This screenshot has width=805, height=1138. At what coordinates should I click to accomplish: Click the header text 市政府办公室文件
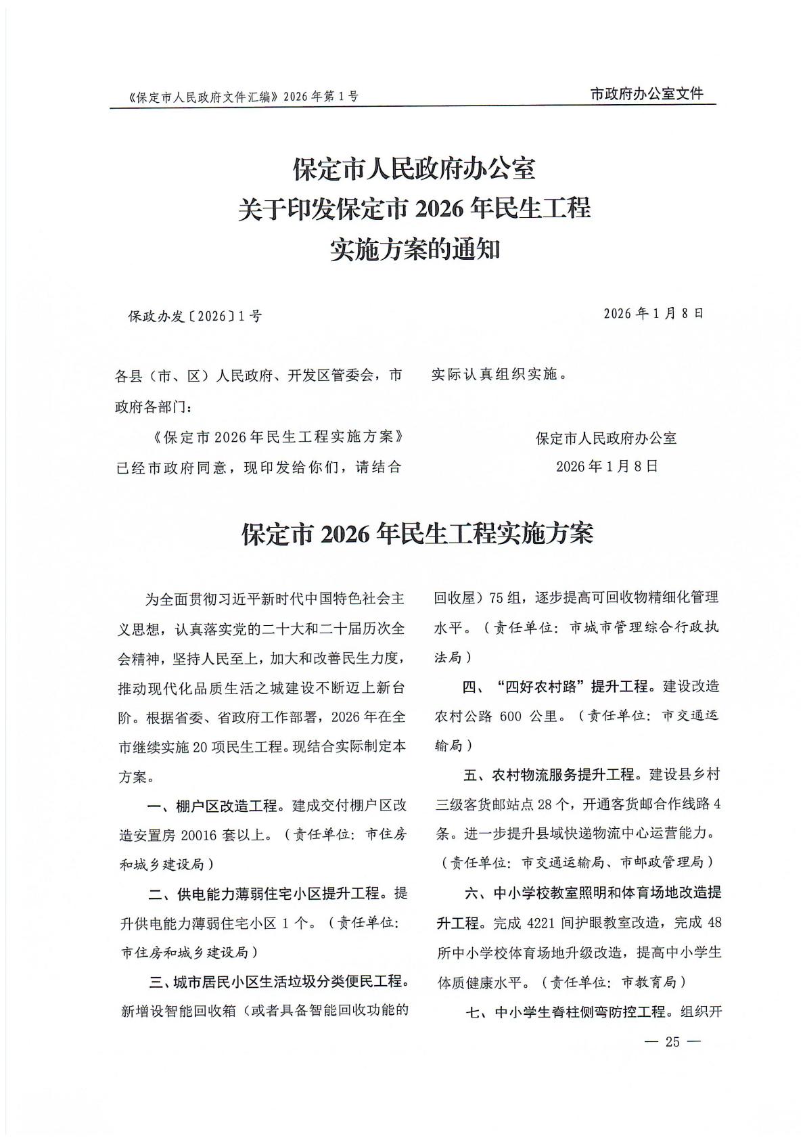coord(647,94)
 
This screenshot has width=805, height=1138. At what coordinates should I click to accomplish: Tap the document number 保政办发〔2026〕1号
coord(195,316)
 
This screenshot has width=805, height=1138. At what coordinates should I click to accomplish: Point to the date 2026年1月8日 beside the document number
coord(653,313)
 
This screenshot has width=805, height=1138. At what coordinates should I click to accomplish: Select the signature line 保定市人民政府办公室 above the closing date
coord(606,438)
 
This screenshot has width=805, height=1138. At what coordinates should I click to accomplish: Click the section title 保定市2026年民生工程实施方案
coord(417,534)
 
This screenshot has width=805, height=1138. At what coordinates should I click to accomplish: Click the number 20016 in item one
coord(195,835)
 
